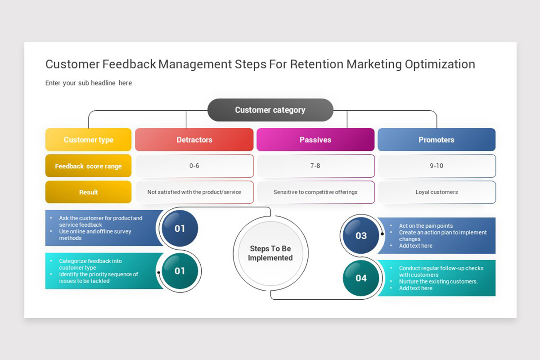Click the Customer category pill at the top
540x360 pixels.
pyautogui.click(x=270, y=110)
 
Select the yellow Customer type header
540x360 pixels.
pyautogui.click(x=89, y=139)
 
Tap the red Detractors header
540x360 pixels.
pyautogui.click(x=194, y=139)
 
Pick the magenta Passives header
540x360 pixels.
pyautogui.click(x=315, y=139)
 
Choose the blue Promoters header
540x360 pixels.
pyautogui.click(x=436, y=139)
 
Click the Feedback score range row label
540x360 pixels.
pyautogui.click(x=89, y=166)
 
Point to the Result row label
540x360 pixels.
pyautogui.click(x=89, y=192)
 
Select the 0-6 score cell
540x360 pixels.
pyautogui.click(x=194, y=166)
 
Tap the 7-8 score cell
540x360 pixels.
pyautogui.click(x=315, y=166)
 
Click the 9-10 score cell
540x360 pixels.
pyautogui.click(x=436, y=166)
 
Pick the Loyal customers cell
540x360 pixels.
pyautogui.click(x=436, y=192)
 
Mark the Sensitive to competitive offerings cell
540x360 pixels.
pyautogui.click(x=315, y=192)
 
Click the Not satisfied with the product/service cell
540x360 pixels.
pyautogui.click(x=194, y=192)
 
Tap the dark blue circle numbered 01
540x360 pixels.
pyautogui.click(x=180, y=228)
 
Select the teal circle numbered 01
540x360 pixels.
pyautogui.click(x=180, y=271)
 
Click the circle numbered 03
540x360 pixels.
pyautogui.click(x=361, y=235)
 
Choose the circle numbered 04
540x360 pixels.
pyautogui.click(x=361, y=278)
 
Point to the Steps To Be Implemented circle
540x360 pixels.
pyautogui.click(x=270, y=253)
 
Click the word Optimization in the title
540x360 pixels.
pyautogui.click(x=440, y=65)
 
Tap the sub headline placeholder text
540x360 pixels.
pyautogui.click(x=89, y=83)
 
